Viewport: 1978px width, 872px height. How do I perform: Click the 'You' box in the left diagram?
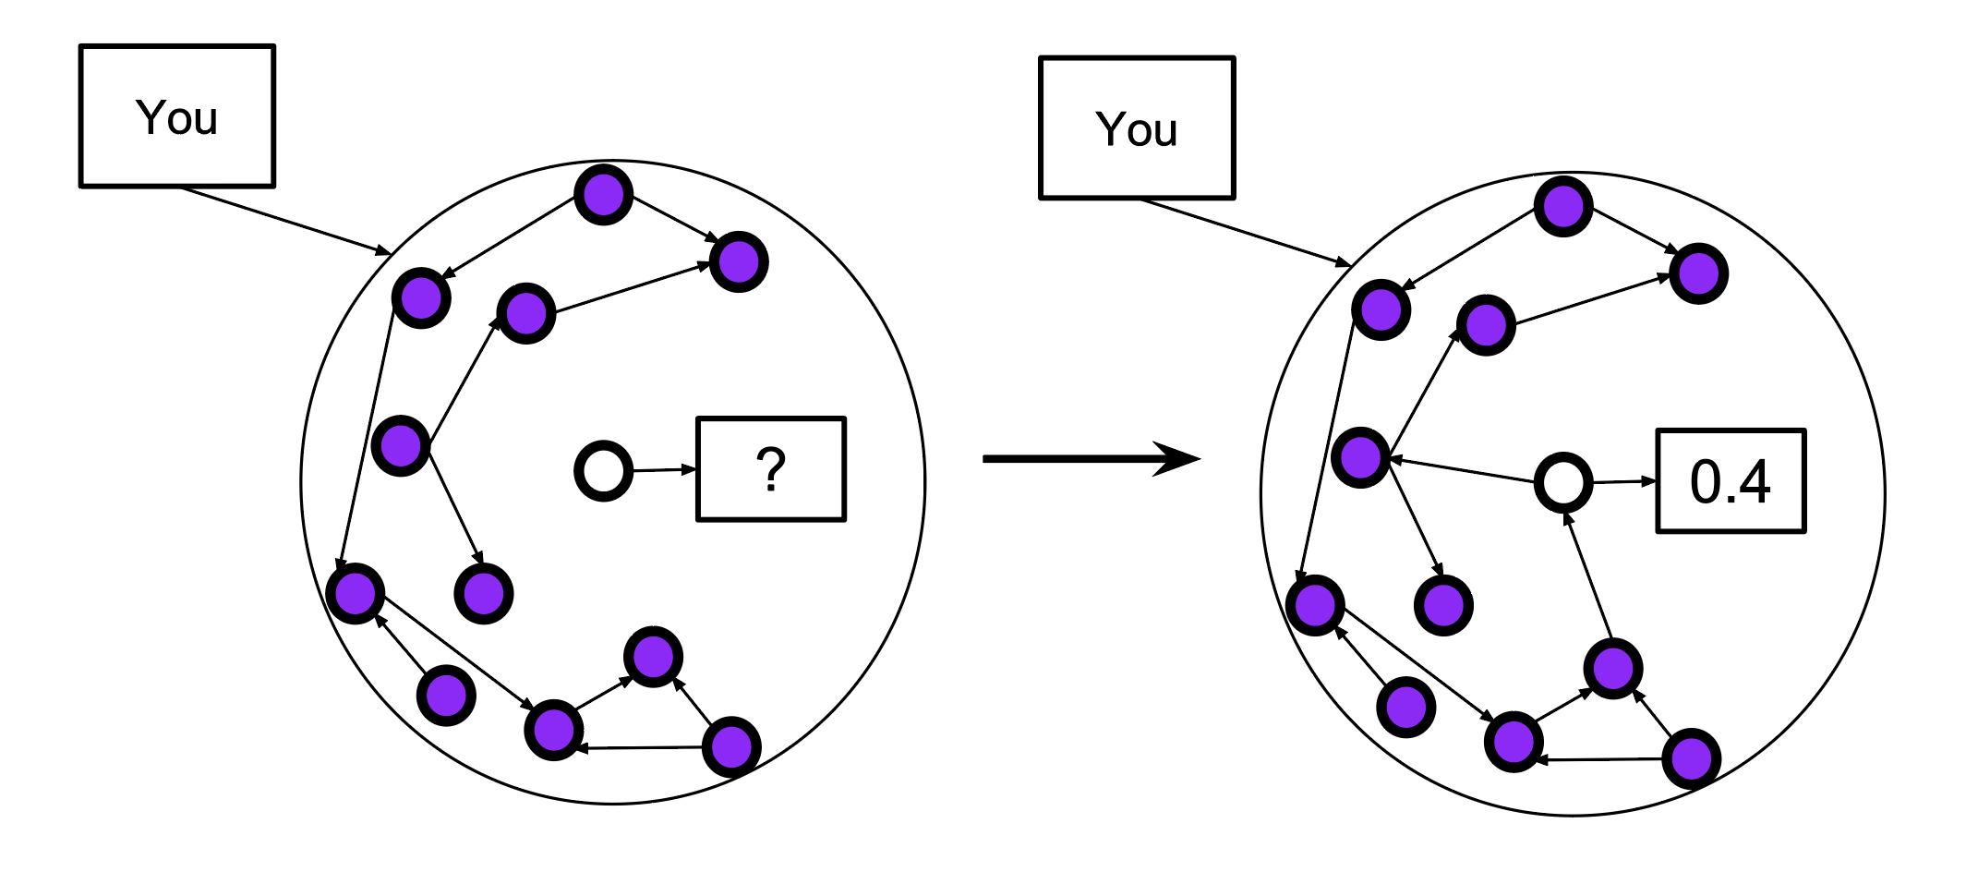click(177, 116)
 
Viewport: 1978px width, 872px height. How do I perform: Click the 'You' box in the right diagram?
click(1137, 128)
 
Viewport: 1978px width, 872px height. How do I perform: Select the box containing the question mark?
click(771, 469)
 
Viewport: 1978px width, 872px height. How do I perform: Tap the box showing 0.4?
click(1731, 481)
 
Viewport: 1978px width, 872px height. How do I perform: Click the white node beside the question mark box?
click(603, 471)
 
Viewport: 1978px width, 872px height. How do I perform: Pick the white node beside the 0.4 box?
click(1562, 482)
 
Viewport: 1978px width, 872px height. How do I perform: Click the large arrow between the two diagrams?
click(1090, 458)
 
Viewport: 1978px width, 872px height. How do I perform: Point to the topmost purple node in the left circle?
click(603, 194)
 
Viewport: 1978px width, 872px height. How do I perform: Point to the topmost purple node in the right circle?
click(1562, 206)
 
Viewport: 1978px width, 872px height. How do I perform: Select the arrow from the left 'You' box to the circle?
click(286, 221)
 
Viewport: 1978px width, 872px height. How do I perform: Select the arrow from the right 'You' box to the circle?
click(1246, 233)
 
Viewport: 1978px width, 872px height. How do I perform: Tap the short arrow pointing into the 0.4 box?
click(1624, 481)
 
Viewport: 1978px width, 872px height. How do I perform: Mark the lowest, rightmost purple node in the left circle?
click(731, 745)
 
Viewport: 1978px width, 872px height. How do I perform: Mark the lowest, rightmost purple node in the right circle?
click(1691, 757)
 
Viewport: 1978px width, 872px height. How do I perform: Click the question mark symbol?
click(771, 469)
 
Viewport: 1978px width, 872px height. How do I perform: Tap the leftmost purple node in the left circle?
click(356, 593)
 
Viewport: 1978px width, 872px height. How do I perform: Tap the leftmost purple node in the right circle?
click(1315, 605)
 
